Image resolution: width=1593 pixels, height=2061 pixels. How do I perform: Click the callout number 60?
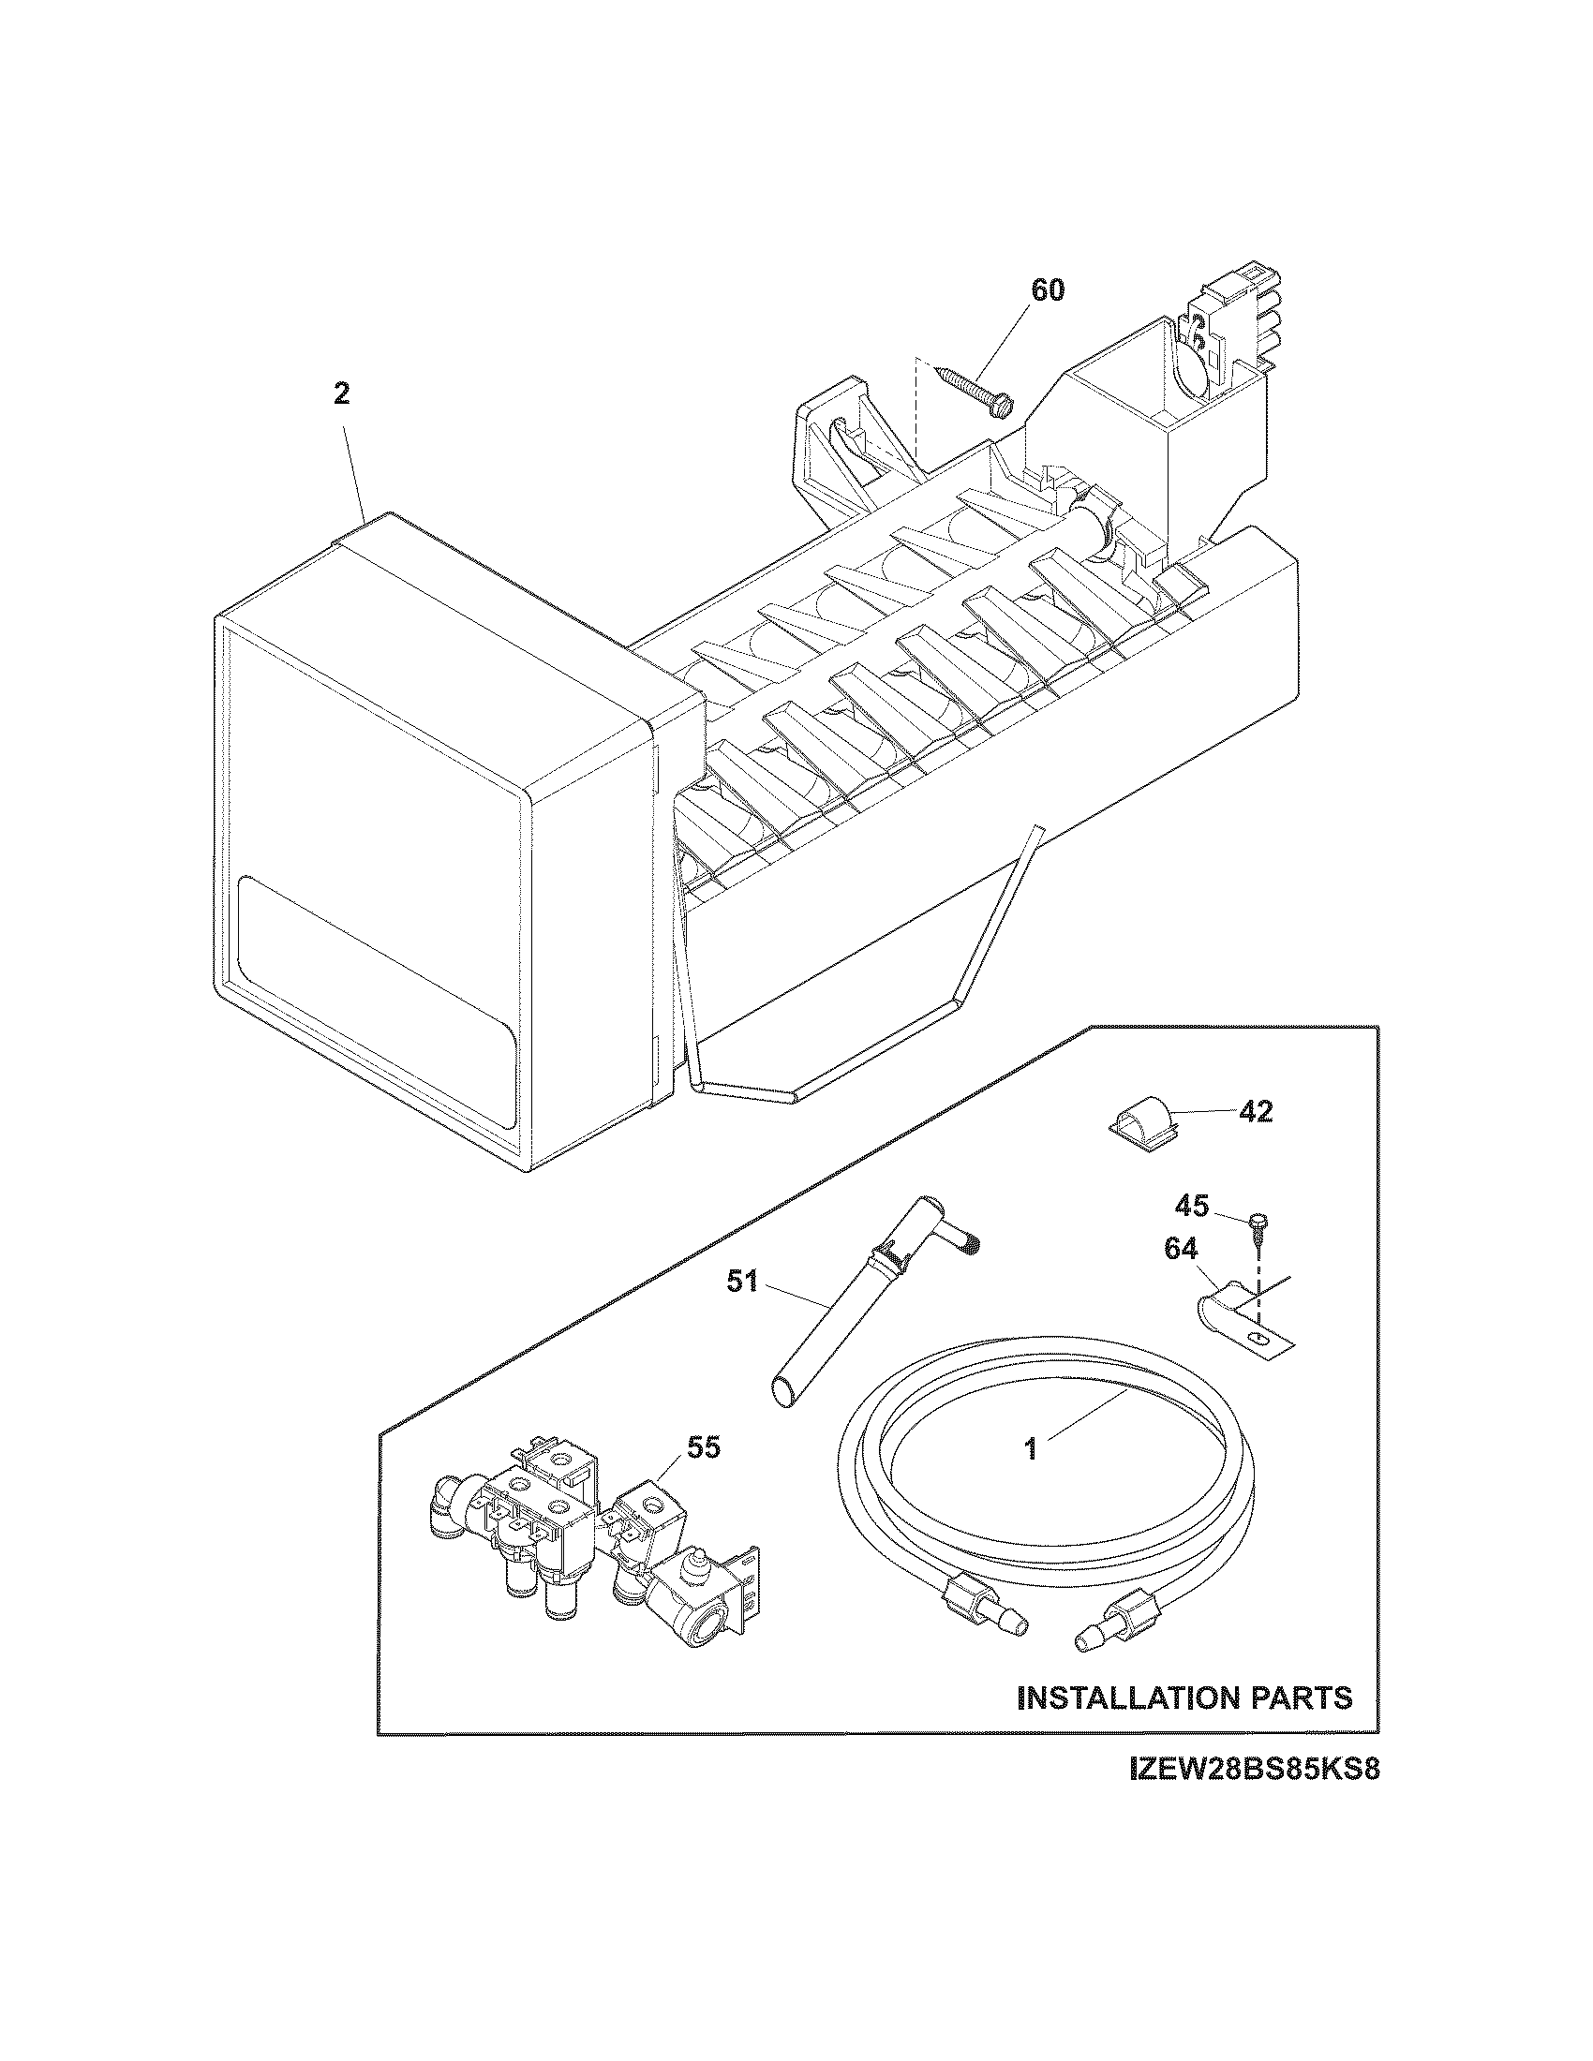point(1047,290)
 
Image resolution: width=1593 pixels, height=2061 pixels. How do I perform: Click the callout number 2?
point(342,393)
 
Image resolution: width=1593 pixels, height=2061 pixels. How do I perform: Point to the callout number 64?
point(1181,1250)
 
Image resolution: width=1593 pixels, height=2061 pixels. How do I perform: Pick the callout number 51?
point(743,1283)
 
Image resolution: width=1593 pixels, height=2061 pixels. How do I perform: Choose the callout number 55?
point(703,1446)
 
